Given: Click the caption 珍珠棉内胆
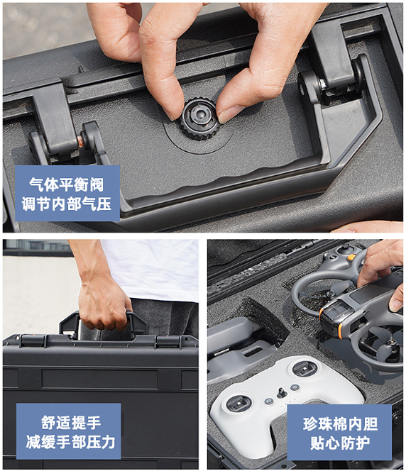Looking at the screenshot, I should (x=339, y=423).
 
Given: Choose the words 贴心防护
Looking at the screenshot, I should (x=339, y=444).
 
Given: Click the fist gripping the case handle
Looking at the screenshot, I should (x=104, y=304).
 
